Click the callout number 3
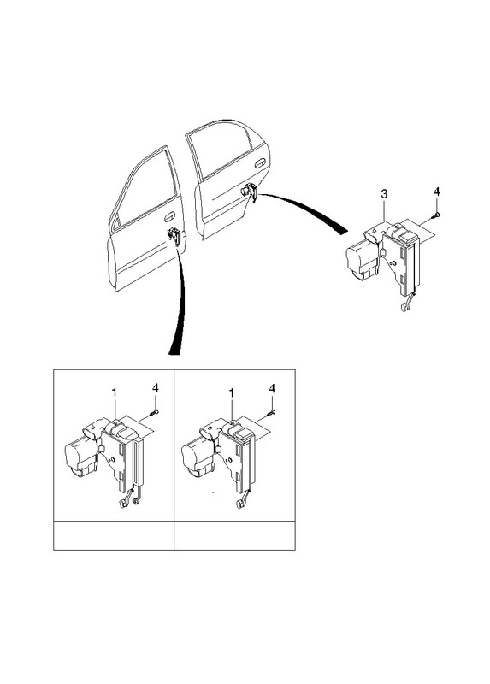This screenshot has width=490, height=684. [x=384, y=194]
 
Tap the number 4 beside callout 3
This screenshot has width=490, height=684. [x=437, y=192]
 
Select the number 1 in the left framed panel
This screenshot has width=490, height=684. [x=115, y=393]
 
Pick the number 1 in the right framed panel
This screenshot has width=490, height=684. [x=232, y=393]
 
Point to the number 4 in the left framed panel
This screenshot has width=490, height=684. [x=156, y=388]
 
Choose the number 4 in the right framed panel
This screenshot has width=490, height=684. [x=272, y=388]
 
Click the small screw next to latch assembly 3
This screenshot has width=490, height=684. [x=436, y=215]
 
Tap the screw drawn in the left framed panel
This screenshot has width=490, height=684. [x=154, y=411]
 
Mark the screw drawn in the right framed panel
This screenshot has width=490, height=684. [x=271, y=411]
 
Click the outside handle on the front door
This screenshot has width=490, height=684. [x=169, y=216]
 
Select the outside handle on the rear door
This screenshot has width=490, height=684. [x=260, y=163]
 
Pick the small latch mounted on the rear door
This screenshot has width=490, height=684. [x=250, y=192]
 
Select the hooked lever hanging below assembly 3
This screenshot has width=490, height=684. [x=407, y=304]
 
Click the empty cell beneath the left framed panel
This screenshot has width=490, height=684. [x=114, y=535]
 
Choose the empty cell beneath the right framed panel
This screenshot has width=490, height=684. [x=234, y=535]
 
